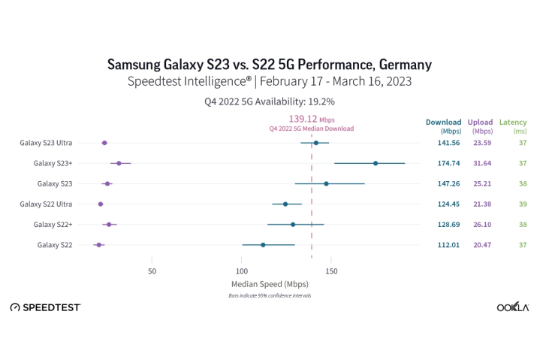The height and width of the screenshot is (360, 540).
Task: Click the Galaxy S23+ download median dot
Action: pyautogui.click(x=376, y=163)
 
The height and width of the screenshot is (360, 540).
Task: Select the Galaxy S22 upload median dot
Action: pyautogui.click(x=98, y=245)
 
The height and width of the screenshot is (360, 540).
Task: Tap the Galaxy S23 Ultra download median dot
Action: pyautogui.click(x=316, y=143)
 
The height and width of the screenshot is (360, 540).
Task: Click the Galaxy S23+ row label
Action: pyautogui.click(x=53, y=163)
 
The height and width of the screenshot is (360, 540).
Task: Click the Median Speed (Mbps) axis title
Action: pyautogui.click(x=270, y=284)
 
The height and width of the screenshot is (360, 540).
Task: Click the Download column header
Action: pyautogui.click(x=443, y=122)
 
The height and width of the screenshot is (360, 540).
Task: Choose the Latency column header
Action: pyautogui.click(x=513, y=122)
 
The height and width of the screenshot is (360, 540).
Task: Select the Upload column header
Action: pyautogui.click(x=480, y=122)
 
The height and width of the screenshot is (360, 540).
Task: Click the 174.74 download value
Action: pyautogui.click(x=448, y=163)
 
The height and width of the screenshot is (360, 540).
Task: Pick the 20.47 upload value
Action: pyautogui.click(x=481, y=245)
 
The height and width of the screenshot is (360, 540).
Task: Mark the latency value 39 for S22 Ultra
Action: pyautogui.click(x=522, y=204)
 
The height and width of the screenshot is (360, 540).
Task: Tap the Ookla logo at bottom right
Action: pyautogui.click(x=513, y=307)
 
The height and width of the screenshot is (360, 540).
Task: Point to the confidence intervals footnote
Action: pyautogui.click(x=270, y=296)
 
